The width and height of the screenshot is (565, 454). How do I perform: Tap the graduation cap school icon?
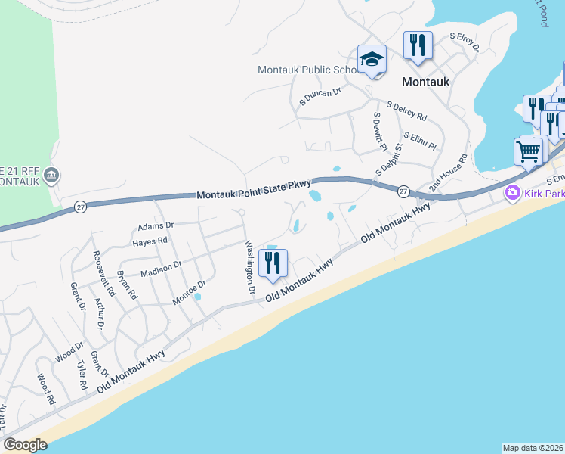click(x=372, y=60)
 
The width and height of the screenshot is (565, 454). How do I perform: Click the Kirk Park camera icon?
click(x=514, y=194)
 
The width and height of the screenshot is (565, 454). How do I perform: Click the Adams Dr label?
click(x=156, y=225)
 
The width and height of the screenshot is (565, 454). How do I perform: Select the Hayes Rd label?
click(x=150, y=241)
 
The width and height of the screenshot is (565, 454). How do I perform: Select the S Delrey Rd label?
click(x=406, y=112)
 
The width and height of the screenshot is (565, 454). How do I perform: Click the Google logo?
click(x=26, y=445)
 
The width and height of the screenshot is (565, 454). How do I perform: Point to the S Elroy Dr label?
click(x=465, y=41)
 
